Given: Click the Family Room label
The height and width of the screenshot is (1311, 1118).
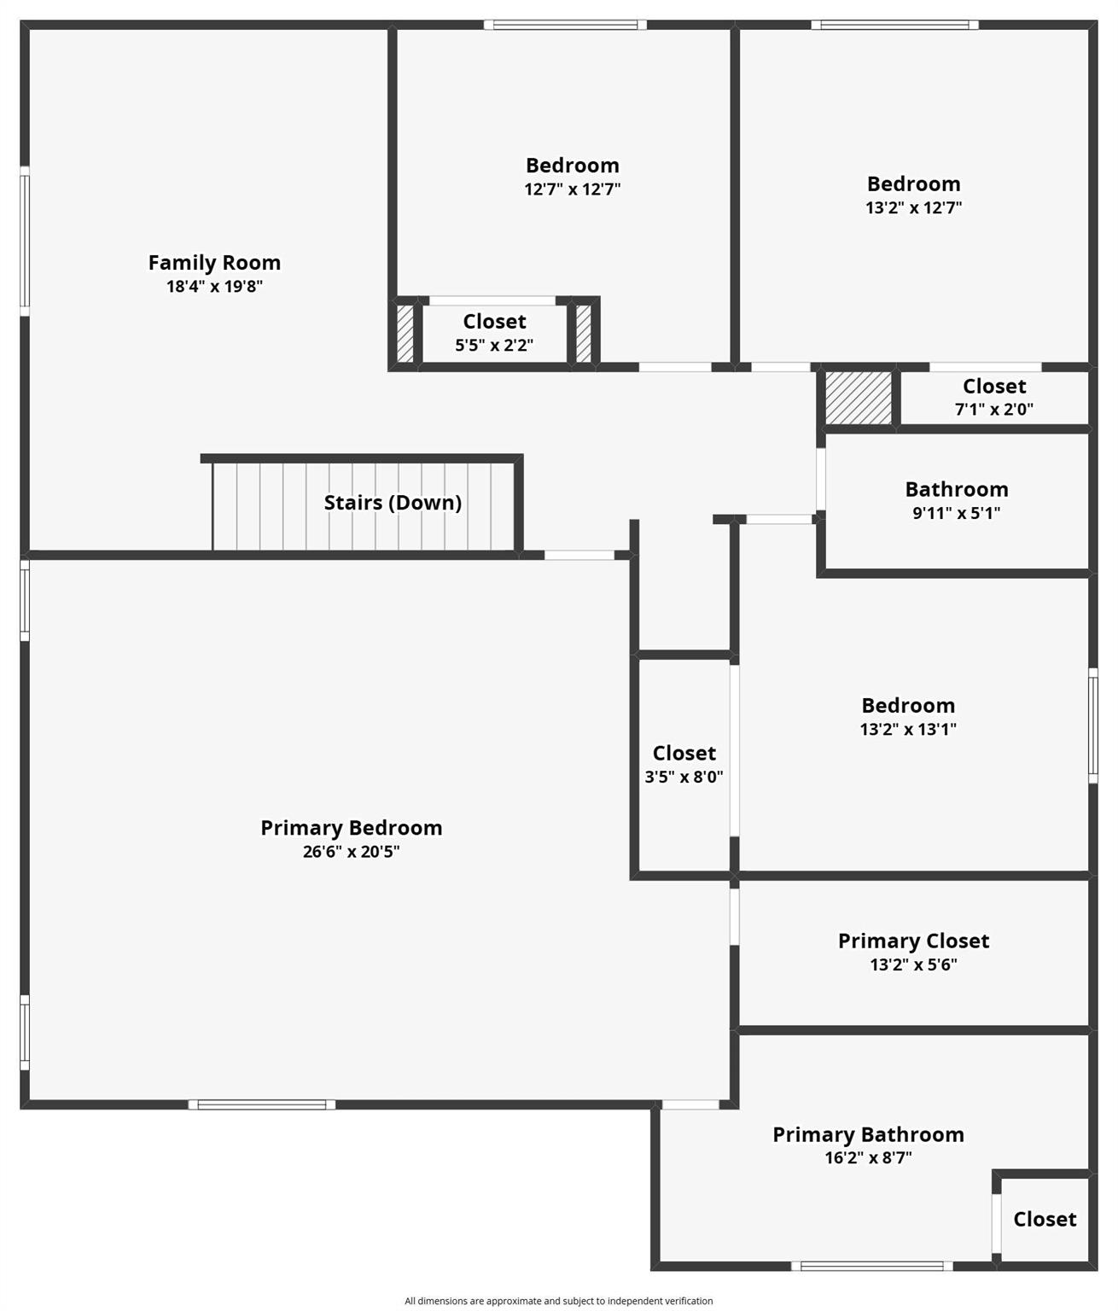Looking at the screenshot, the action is (x=214, y=263).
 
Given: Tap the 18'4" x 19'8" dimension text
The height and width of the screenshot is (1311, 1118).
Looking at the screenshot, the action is (x=214, y=286).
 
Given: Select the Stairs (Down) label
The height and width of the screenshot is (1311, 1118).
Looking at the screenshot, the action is (x=393, y=503).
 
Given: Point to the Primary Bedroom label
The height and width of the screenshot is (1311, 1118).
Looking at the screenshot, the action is (x=352, y=828).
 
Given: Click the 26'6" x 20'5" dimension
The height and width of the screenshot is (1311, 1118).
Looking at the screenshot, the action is (x=352, y=851).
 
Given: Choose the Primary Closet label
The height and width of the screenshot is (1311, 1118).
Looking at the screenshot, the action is (x=914, y=941).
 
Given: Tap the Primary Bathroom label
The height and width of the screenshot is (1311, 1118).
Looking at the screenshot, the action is (x=868, y=1134).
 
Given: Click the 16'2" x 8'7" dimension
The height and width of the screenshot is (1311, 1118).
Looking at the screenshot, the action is (x=868, y=1157).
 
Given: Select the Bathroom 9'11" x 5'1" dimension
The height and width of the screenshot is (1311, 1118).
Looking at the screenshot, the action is (x=957, y=512).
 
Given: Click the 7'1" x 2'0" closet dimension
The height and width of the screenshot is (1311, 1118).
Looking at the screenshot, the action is (x=994, y=409).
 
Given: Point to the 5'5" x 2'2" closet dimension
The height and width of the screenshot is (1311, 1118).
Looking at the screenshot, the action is (x=494, y=345).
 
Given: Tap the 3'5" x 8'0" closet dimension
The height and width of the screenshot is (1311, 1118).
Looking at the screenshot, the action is (x=684, y=777).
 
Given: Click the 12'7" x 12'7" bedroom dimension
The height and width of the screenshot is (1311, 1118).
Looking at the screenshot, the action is (x=573, y=189).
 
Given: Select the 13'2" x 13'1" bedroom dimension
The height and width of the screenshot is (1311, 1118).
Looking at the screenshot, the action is (x=908, y=729).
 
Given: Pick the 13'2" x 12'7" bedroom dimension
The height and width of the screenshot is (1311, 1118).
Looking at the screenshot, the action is (x=914, y=207).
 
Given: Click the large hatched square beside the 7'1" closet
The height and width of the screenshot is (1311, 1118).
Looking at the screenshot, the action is (x=859, y=398).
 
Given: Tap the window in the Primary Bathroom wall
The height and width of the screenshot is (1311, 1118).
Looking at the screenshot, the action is (x=872, y=1266).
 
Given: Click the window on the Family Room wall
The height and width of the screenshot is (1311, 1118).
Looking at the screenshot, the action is (x=24, y=241).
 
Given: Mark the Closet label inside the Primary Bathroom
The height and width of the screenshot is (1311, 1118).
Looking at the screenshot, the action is (x=1045, y=1219).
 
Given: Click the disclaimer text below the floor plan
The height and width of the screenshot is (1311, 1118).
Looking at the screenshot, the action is (x=559, y=1301).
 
